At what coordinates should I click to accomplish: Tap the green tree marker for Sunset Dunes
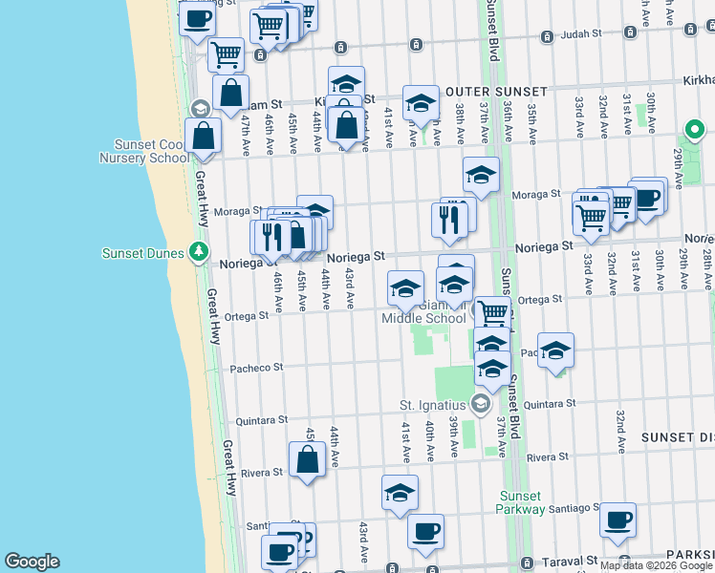198,252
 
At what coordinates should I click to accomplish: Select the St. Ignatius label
433,406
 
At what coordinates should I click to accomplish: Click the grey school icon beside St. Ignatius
480,406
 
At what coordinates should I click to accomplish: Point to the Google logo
32,562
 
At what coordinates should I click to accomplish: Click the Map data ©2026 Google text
656,565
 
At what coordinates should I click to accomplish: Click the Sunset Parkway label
522,502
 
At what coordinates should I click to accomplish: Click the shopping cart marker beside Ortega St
493,311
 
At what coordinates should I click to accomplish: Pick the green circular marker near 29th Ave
693,130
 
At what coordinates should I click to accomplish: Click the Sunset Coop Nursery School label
143,151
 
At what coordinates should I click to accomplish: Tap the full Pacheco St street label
256,367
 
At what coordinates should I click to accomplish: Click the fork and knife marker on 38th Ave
448,220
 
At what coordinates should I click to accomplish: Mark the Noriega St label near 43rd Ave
356,257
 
